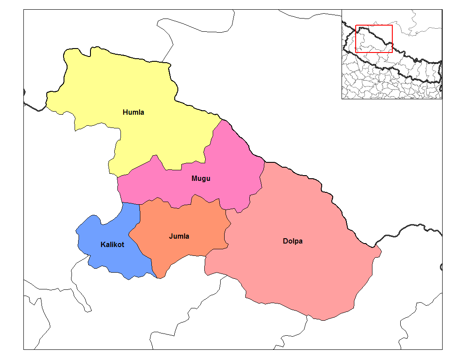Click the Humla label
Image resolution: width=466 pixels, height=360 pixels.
pyautogui.click(x=133, y=112)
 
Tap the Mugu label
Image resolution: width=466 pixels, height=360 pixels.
pyautogui.click(x=201, y=179)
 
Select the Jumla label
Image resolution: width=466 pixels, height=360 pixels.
pyautogui.click(x=179, y=236)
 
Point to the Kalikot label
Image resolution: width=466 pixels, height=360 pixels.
pyautogui.click(x=112, y=244)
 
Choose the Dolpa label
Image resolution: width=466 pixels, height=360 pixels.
pyautogui.click(x=293, y=241)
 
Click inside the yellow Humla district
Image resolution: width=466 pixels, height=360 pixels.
pyautogui.click(x=132, y=88)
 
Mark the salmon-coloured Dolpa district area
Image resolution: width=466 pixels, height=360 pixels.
pyautogui.click(x=300, y=274)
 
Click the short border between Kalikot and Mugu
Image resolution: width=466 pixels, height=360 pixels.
pyautogui.click(x=130, y=203)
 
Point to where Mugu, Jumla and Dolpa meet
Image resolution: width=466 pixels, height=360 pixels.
pyautogui.click(x=226, y=210)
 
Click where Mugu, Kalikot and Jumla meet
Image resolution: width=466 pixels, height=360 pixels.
pyautogui.click(x=139, y=203)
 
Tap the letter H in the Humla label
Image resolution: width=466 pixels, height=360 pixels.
pyautogui.click(x=125, y=112)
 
